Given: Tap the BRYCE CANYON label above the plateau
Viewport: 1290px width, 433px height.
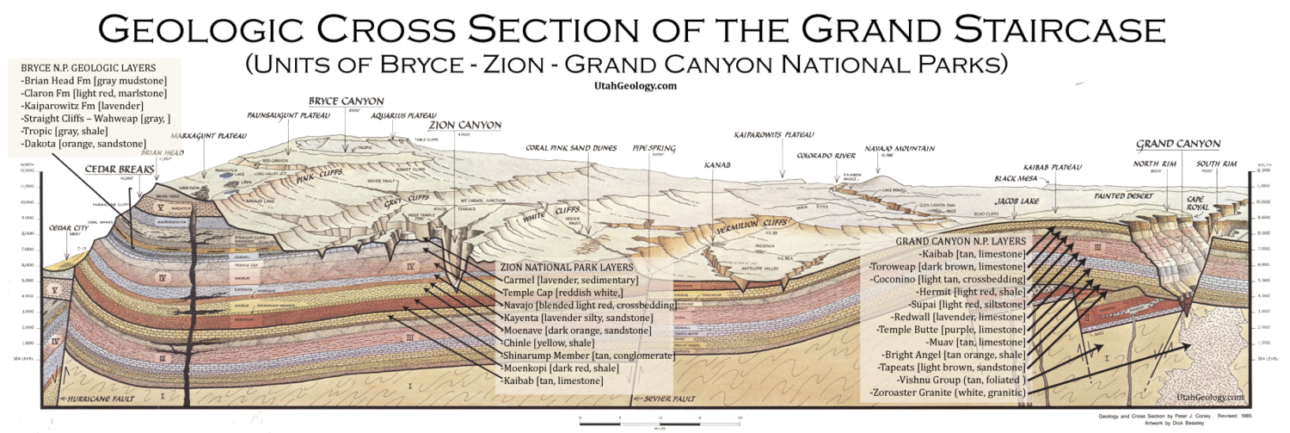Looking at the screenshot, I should (345, 101).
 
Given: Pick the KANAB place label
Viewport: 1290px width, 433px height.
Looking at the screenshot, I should (717, 164).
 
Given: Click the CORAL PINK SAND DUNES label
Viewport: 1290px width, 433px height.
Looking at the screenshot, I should (571, 147).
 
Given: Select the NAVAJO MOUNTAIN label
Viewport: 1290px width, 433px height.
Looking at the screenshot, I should (900, 148).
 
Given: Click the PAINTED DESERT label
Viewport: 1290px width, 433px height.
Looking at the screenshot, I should (1123, 195).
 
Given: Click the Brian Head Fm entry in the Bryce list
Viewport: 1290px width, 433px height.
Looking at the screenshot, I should (93, 81).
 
